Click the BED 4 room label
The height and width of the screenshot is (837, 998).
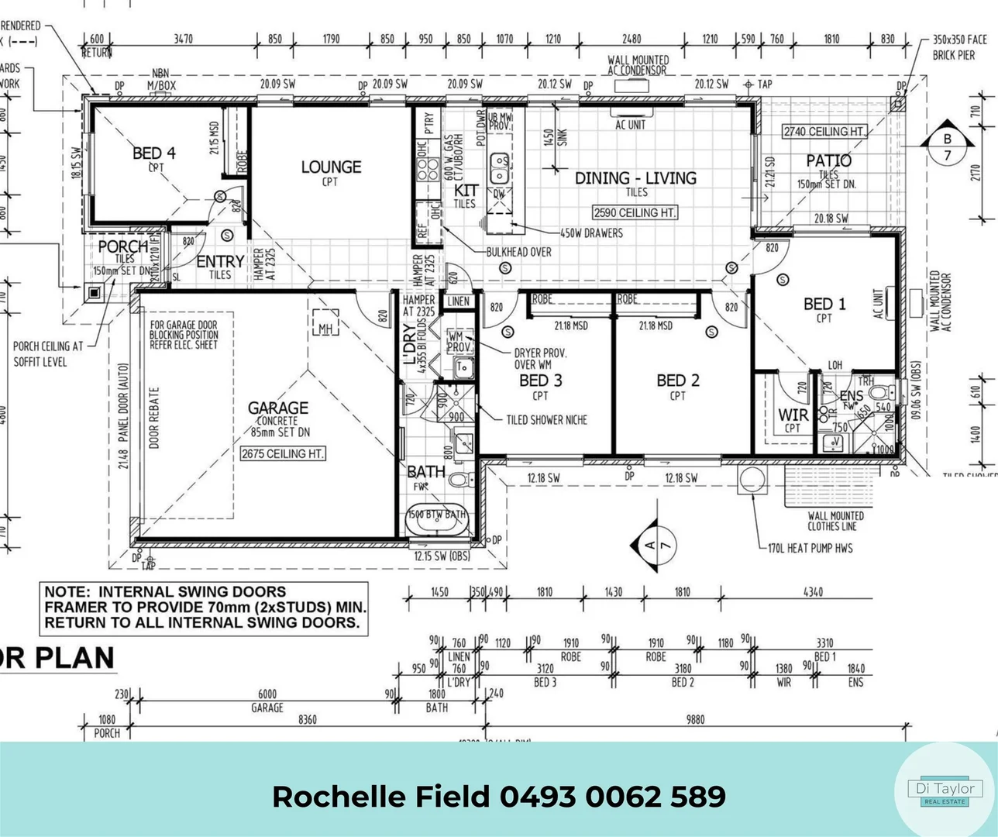154,153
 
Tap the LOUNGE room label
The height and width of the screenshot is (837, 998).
331,167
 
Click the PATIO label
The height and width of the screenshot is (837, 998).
828,160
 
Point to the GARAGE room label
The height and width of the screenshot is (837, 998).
277,408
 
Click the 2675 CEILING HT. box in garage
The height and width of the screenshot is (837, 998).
282,454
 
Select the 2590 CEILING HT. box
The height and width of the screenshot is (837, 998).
635,212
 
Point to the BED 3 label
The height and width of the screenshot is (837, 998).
540,381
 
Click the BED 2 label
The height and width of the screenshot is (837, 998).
677,381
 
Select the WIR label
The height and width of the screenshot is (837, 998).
793,415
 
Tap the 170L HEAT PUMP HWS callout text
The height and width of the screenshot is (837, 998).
810,548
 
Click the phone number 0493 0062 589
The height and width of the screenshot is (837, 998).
613,797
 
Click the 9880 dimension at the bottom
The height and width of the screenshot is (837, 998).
695,719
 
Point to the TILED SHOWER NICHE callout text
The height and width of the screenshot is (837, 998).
546,420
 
